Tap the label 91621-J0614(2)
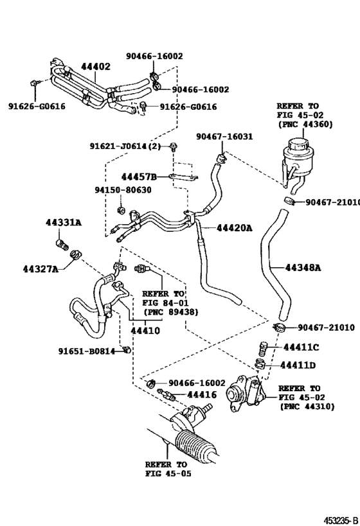pos(125,146)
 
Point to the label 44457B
pos(139,176)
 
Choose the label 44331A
pos(64,222)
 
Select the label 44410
pos(145,331)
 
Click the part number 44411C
pos(301,347)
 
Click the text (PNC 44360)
pos(305,124)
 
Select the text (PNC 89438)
pos(170,311)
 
